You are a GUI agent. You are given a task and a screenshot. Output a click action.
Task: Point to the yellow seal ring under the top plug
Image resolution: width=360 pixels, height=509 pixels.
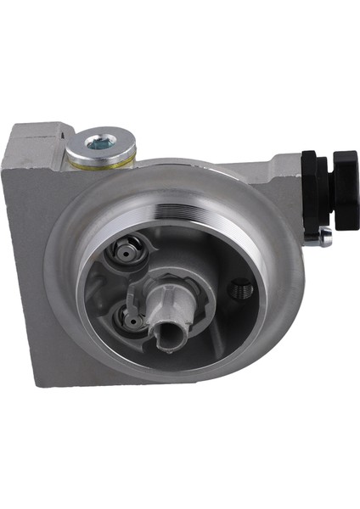[x=100, y=163]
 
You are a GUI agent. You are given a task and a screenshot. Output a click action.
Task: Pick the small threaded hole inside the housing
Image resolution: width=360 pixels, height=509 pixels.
[x=240, y=290]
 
